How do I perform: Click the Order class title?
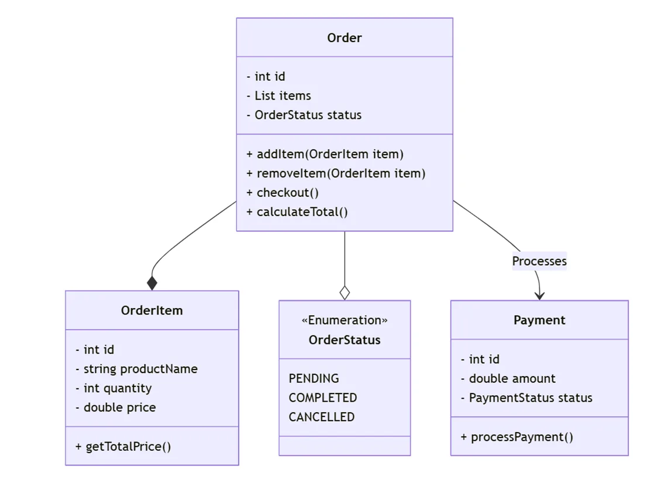pos(344,38)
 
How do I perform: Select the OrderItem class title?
pos(152,310)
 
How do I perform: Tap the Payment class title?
pos(539,320)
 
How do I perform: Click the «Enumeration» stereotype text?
pos(344,320)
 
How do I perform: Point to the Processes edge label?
pos(539,261)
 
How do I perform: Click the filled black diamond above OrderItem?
pos(152,283)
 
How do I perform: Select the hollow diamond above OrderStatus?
pos(345,293)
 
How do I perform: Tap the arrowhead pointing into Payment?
pos(539,295)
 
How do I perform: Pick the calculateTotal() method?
pos(297,212)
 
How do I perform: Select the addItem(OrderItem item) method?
pos(325,155)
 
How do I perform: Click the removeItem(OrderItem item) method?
pos(336,174)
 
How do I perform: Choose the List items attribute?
pos(279,96)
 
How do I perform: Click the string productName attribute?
pos(137,369)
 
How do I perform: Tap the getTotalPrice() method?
pos(123,447)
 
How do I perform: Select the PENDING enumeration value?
pos(314,379)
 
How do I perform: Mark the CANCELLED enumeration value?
pos(321,418)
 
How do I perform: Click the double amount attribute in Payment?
pos(508,379)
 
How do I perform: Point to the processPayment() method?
pos(517,437)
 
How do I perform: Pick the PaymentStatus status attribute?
pos(527,398)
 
